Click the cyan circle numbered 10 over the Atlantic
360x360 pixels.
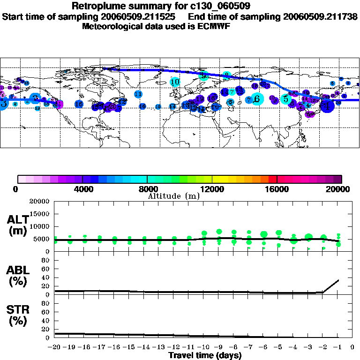tap(175, 82)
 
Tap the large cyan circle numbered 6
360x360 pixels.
tap(256, 99)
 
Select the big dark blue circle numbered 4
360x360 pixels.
tap(327, 105)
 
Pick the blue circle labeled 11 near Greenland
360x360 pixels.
tap(138, 94)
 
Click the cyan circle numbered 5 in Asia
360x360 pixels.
tap(286, 99)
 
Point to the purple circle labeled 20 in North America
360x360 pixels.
tap(112, 106)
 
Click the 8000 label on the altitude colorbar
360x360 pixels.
tap(147, 189)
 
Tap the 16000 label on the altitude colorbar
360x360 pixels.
tap(277, 189)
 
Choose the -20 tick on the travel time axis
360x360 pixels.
tap(54, 347)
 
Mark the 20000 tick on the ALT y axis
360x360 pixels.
tap(40, 202)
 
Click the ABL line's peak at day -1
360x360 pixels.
tap(338, 280)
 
